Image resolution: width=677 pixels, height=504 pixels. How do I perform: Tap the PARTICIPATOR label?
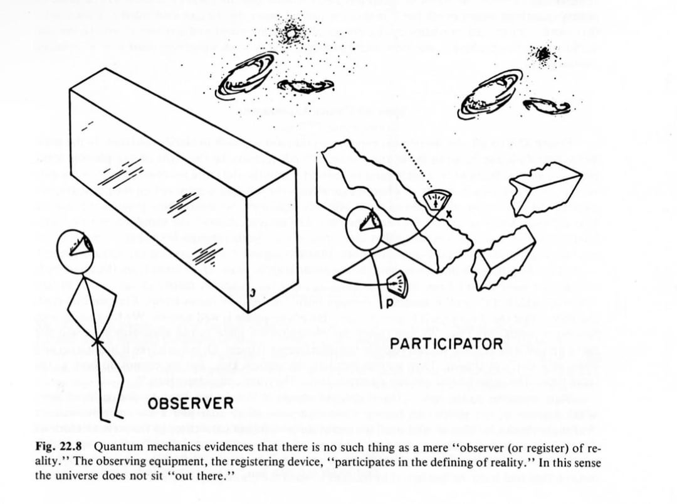[446, 344]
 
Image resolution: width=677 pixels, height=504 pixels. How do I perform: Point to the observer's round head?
[75, 250]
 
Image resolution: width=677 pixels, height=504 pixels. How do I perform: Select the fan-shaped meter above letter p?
[395, 286]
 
